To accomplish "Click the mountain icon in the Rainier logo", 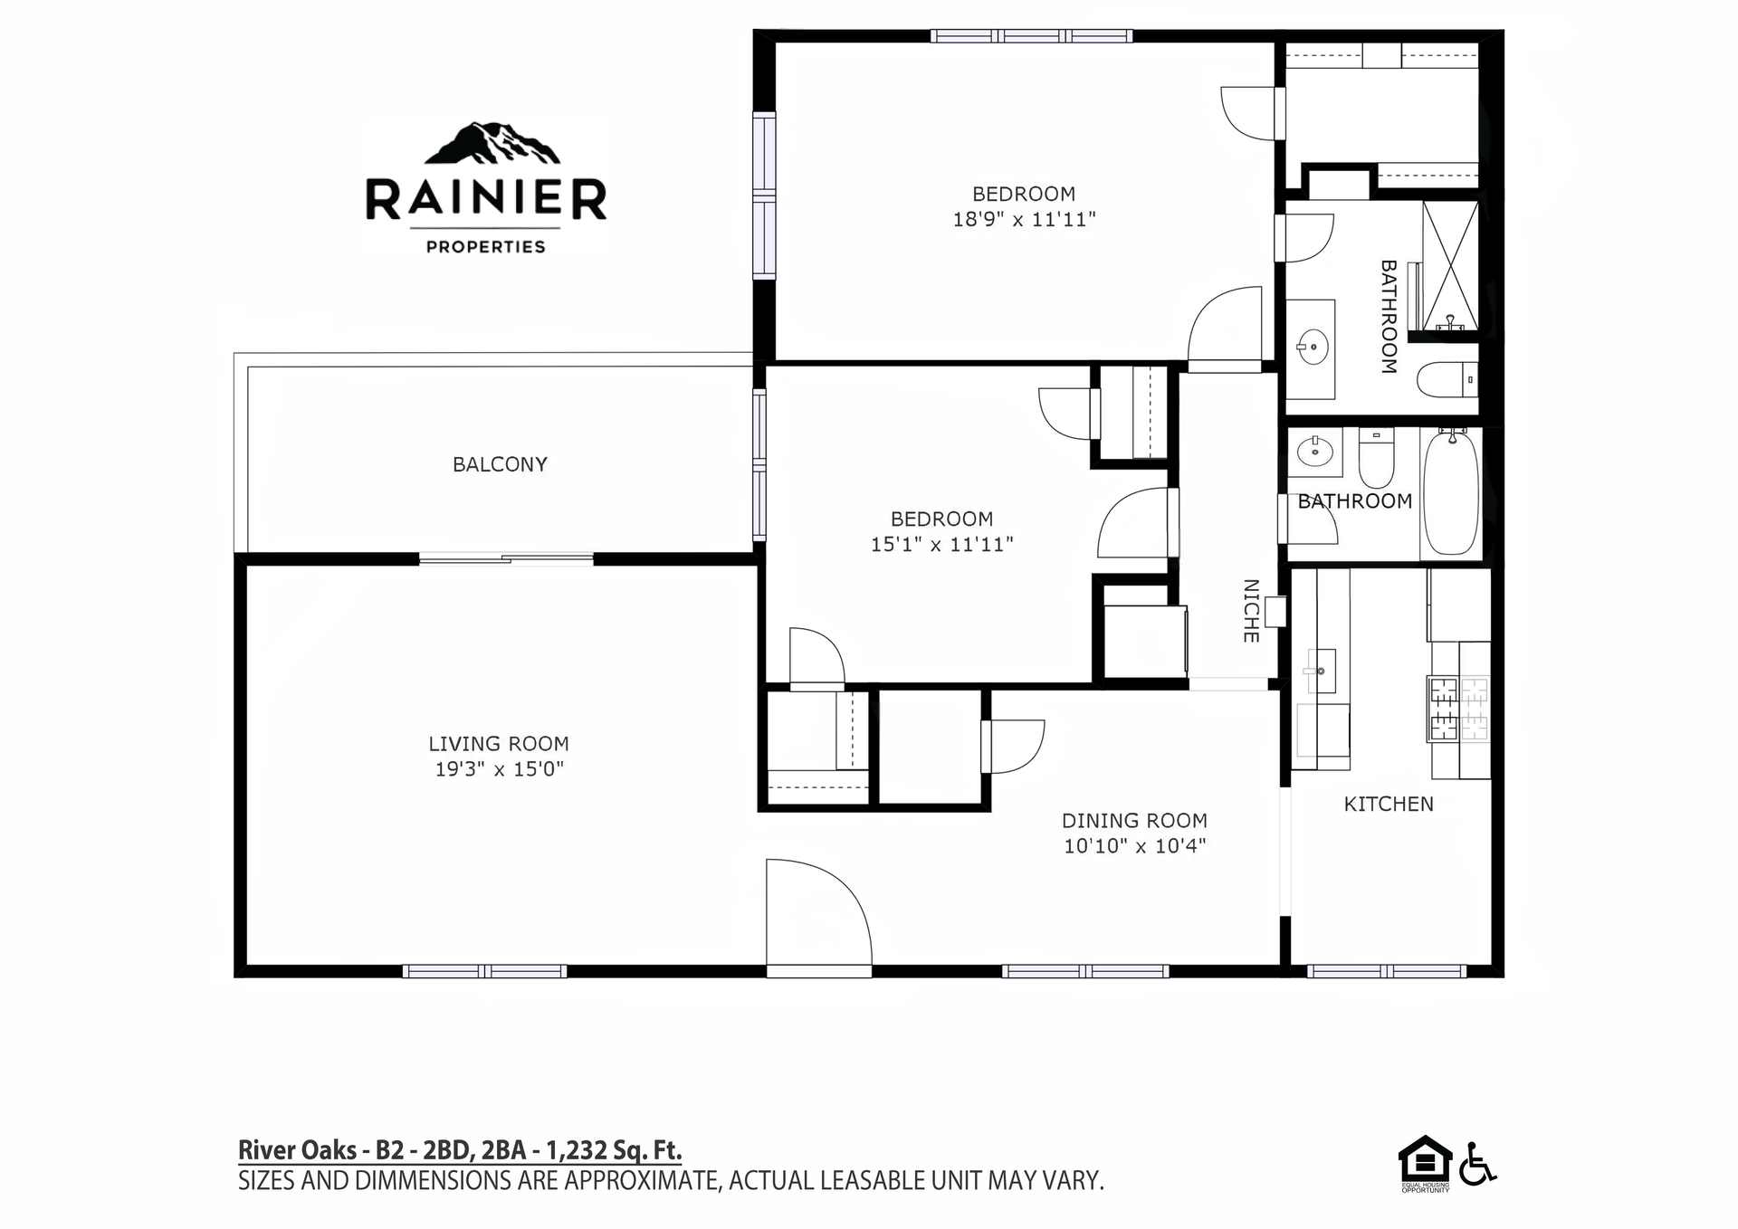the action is (492, 143).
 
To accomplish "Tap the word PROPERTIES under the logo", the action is (486, 246).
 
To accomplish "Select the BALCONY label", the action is (500, 464).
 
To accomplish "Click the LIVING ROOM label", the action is (499, 744).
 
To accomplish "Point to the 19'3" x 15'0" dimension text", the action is (499, 769).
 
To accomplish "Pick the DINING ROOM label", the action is (1134, 821).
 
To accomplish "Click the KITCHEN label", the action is (1389, 804).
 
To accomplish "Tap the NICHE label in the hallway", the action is (1251, 611).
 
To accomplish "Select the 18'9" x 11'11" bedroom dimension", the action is (1024, 219).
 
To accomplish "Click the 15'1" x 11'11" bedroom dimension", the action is (941, 544).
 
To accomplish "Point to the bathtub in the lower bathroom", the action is (1451, 493).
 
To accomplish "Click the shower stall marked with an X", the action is (1451, 268).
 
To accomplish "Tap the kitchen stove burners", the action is (1458, 709).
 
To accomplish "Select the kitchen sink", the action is (1322, 671).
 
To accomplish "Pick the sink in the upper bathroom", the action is (1310, 346).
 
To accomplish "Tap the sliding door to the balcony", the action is (506, 559).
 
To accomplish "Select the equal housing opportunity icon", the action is (1425, 1163).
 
